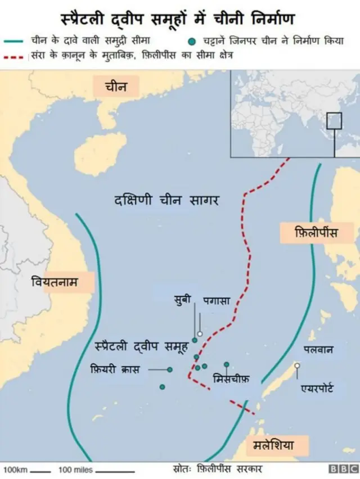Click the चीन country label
(x=116, y=87)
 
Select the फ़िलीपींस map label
(x=316, y=232)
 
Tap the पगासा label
(x=217, y=300)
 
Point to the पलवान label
(x=318, y=349)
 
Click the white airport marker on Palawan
(x=297, y=365)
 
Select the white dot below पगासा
(x=199, y=333)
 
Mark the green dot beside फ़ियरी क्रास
(x=170, y=369)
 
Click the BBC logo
(x=343, y=468)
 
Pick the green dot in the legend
(x=193, y=41)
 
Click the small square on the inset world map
(x=334, y=121)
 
